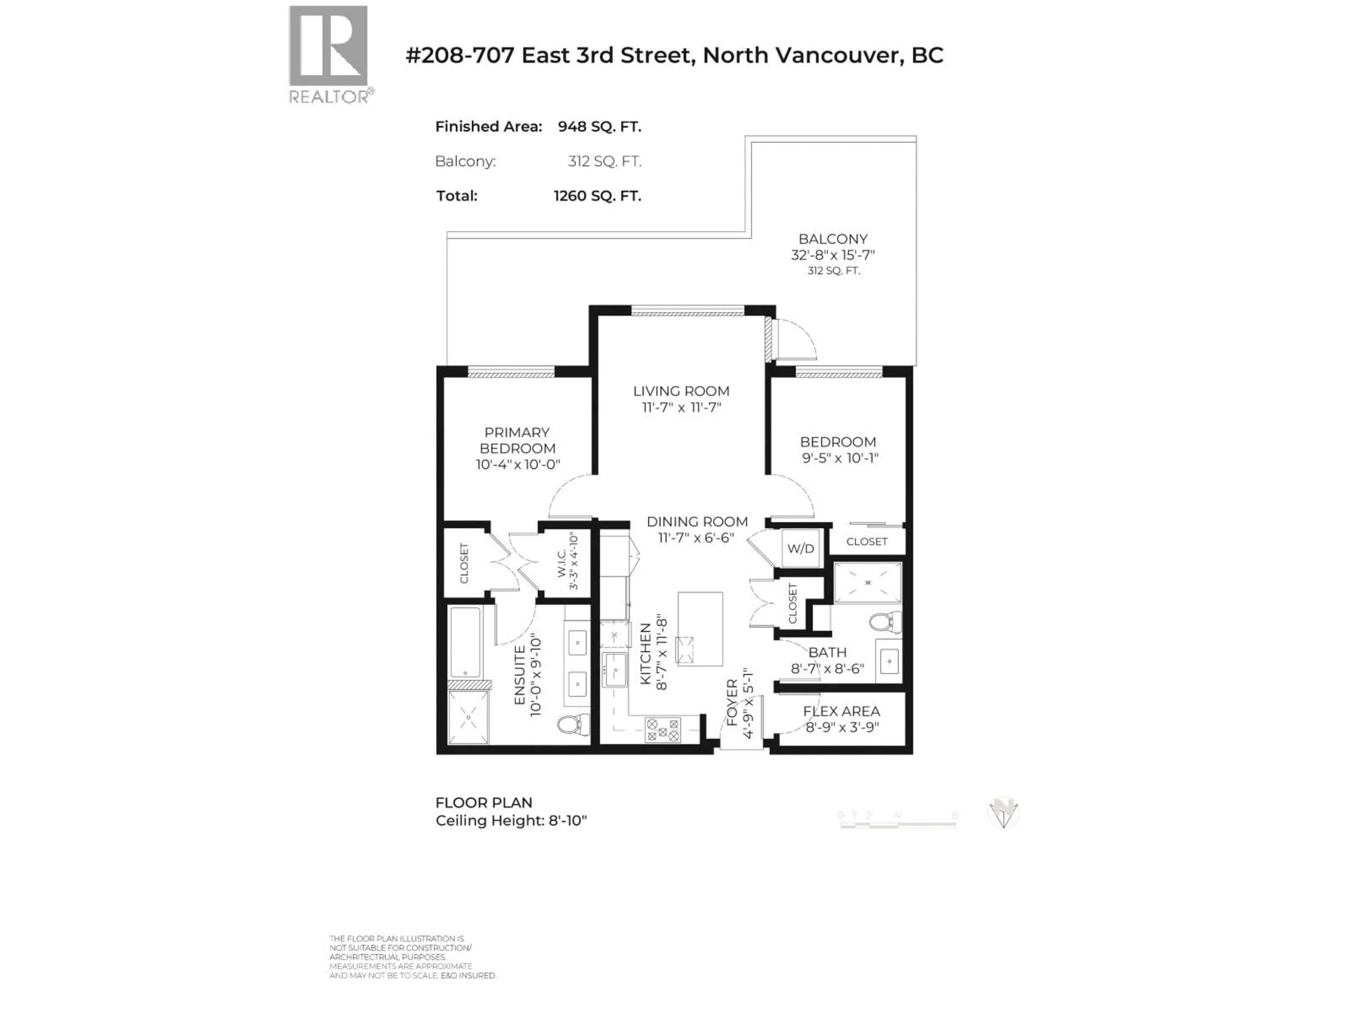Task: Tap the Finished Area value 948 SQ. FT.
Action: [x=599, y=127]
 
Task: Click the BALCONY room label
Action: [x=832, y=239]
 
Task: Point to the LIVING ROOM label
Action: [x=681, y=391]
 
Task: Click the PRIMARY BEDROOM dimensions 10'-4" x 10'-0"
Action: [x=517, y=464]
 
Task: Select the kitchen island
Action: [x=700, y=628]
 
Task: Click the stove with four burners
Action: [x=663, y=729]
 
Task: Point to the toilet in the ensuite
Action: [x=572, y=725]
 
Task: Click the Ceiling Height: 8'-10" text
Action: [x=511, y=820]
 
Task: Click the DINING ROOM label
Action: [x=697, y=521]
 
